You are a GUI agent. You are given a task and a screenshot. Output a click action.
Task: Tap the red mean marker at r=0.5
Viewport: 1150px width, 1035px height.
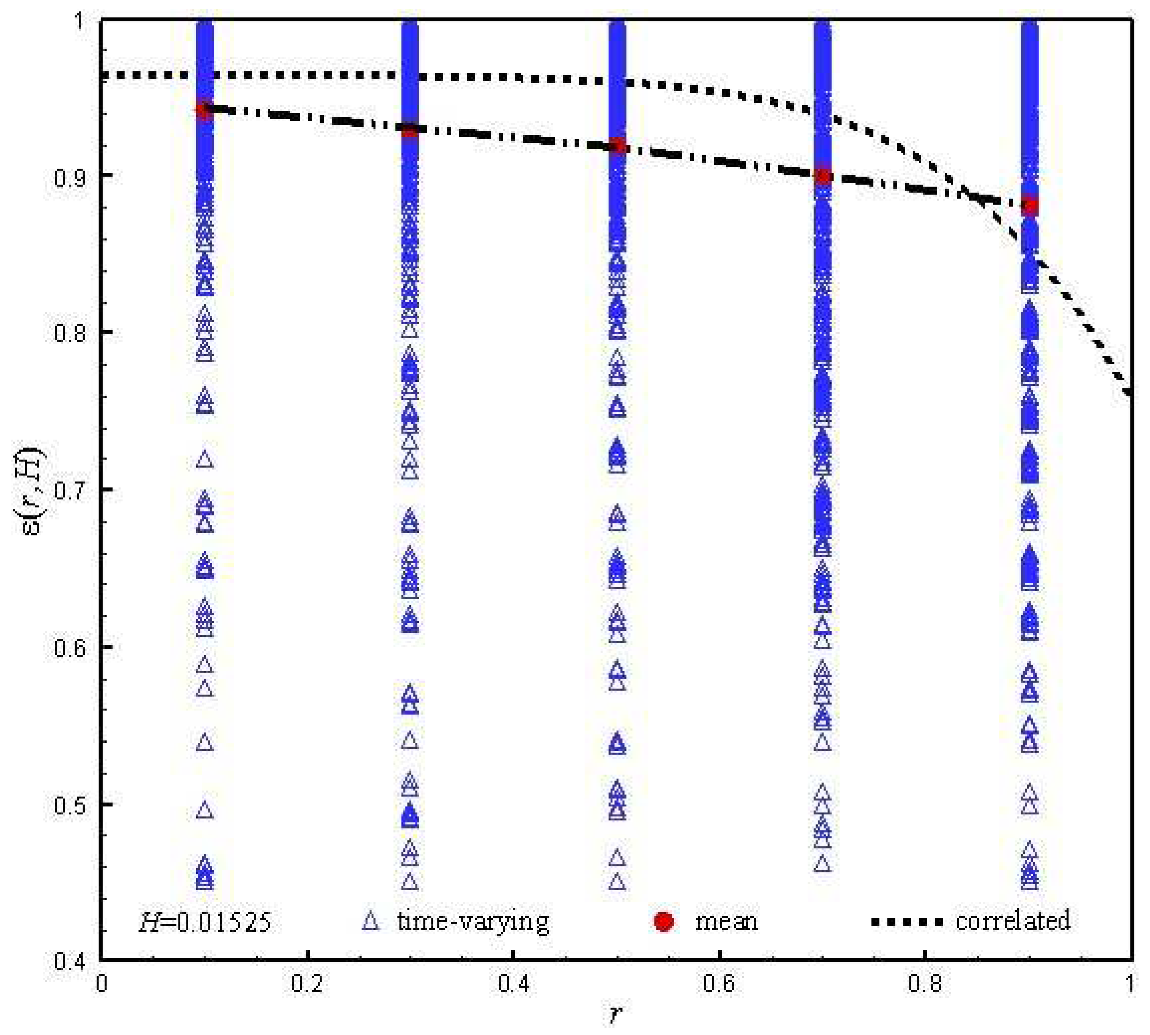[617, 147]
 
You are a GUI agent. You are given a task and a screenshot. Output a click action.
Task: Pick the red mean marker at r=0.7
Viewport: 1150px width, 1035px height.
[822, 176]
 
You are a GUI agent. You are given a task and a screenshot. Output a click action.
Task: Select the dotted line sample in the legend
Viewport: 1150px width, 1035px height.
[906, 921]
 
